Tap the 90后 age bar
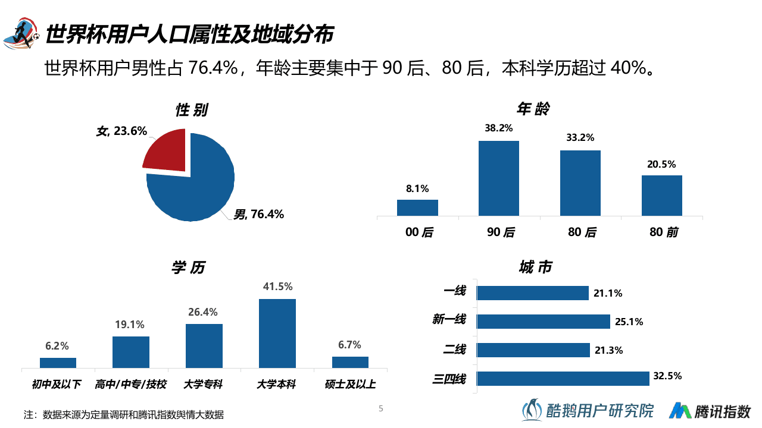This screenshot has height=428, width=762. point(499,178)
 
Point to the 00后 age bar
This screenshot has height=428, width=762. point(417,207)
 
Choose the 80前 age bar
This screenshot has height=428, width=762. point(661,196)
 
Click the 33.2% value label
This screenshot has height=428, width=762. point(580,138)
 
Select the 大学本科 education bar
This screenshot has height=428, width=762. point(277,333)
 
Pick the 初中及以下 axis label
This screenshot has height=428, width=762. point(57,385)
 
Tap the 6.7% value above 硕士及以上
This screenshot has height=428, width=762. point(350,345)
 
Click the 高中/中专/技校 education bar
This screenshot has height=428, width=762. point(131,353)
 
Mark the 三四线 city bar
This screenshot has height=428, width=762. point(563,379)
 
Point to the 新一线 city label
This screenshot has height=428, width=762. point(449,320)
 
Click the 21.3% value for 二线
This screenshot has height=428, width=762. point(608,351)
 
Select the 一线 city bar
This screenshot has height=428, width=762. point(533,293)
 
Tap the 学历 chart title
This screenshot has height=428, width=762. point(188,268)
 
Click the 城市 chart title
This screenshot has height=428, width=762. point(535,267)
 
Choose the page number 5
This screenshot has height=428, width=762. point(381,408)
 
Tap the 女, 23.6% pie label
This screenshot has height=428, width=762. point(122,131)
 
